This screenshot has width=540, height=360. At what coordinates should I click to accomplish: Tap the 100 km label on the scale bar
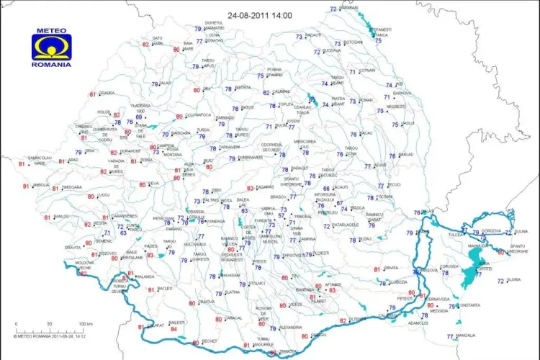point(86,324)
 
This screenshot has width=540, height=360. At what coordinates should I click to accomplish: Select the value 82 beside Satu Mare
point(146,45)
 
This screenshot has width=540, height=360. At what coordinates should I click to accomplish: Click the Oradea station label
point(107,93)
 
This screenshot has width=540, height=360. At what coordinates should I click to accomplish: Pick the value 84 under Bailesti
point(174,329)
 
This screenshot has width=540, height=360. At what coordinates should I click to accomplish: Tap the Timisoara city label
point(72,187)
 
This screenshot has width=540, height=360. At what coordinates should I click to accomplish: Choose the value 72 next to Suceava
point(317,52)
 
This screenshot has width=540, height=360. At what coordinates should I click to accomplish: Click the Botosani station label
point(354,42)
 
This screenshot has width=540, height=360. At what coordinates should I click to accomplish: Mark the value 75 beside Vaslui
point(395,125)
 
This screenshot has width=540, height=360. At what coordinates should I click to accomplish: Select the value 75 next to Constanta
point(452,306)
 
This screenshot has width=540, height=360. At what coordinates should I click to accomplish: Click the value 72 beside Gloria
point(500,281)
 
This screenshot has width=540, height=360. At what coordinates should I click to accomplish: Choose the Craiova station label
point(207,302)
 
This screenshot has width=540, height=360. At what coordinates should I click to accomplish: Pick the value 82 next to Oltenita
point(342,320)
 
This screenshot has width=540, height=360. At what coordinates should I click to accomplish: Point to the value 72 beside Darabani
point(333,9)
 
